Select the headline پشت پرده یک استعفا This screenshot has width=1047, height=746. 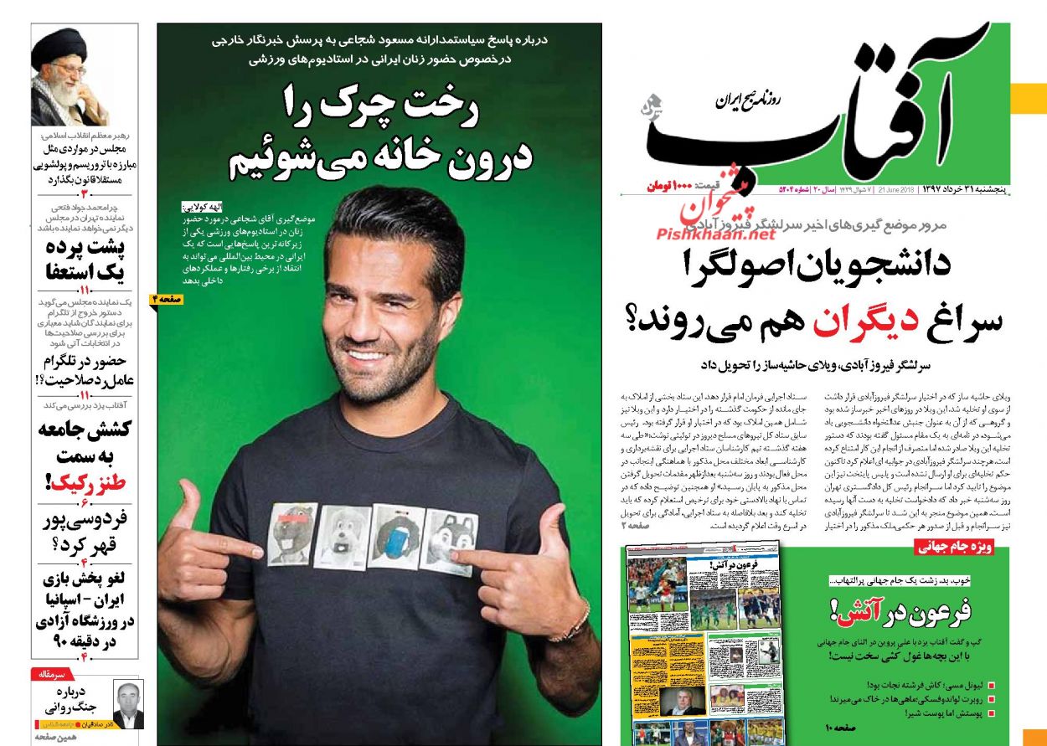[85, 260]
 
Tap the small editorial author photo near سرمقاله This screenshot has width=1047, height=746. [127, 706]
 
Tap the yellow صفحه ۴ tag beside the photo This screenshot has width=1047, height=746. [168, 298]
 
